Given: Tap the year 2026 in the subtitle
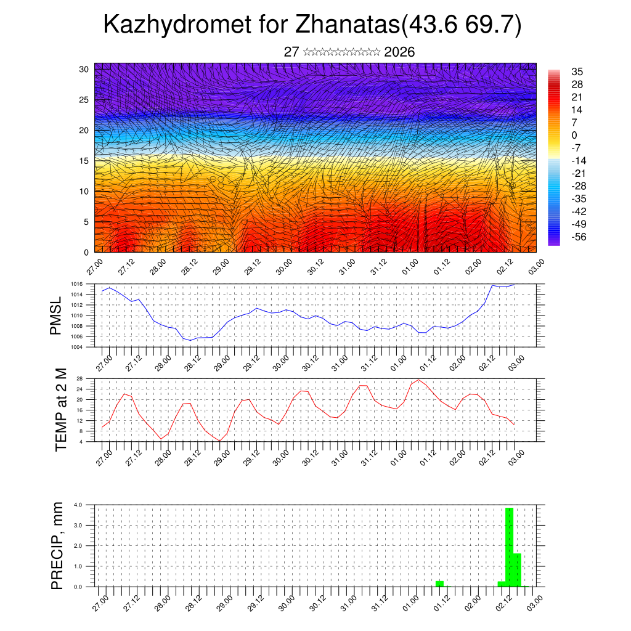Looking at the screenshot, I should point(399,52).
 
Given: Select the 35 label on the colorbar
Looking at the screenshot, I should point(577,71).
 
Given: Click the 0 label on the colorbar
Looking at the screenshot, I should point(574,135).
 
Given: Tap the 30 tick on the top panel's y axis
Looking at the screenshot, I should point(84,69).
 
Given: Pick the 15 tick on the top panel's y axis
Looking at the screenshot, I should point(84,161).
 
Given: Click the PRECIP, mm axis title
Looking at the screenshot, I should point(57,545).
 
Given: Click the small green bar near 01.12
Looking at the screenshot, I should point(439,584).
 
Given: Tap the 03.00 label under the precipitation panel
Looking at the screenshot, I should point(534,601).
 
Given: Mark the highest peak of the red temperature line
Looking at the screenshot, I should point(419,380).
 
